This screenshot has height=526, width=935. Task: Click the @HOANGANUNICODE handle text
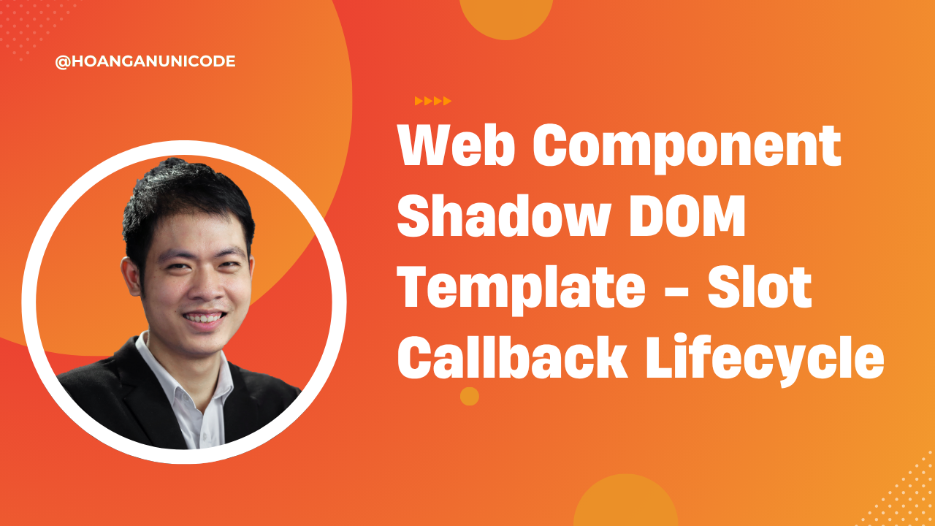click(x=145, y=61)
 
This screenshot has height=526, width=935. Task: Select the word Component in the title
click(x=687, y=148)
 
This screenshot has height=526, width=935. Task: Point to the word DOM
click(x=687, y=217)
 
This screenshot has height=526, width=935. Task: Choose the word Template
click(x=522, y=289)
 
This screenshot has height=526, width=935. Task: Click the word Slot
click(x=760, y=287)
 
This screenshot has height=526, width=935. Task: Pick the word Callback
click(x=512, y=357)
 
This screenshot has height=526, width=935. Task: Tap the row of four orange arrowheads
click(x=433, y=101)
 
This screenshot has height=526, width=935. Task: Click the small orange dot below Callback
click(x=470, y=396)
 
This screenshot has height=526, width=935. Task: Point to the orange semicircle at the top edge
click(x=506, y=19)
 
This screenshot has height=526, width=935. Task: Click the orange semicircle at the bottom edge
click(x=625, y=501)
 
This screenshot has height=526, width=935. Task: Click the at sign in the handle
click(x=63, y=62)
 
